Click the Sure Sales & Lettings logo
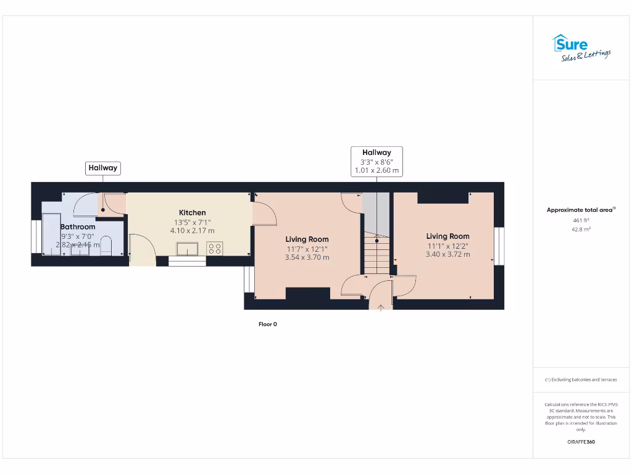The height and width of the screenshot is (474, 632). [580, 48]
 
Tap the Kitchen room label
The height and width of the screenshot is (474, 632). [192, 212]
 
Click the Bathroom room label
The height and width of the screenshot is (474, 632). [78, 227]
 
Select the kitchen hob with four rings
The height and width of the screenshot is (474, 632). [215, 249]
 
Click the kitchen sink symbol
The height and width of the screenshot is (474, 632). [186, 249]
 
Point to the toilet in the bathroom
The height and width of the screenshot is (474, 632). [106, 246]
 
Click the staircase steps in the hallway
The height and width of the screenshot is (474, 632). [376, 253]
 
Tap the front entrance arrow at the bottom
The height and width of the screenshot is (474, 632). [381, 306]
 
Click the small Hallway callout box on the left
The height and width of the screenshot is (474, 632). [102, 167]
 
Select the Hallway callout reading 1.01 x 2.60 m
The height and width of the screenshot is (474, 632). [376, 161]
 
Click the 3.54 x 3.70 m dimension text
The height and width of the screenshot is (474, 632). [307, 257]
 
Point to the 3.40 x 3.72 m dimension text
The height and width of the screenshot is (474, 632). [447, 254]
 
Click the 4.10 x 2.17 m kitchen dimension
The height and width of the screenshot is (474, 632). [192, 231]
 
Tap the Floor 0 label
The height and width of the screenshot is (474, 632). [267, 324]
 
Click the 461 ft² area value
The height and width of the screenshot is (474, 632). [581, 220]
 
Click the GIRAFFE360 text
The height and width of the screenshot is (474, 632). [581, 442]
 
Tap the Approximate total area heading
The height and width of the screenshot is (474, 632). [581, 210]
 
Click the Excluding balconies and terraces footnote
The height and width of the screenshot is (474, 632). [581, 380]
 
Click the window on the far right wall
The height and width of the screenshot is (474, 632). [500, 245]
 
